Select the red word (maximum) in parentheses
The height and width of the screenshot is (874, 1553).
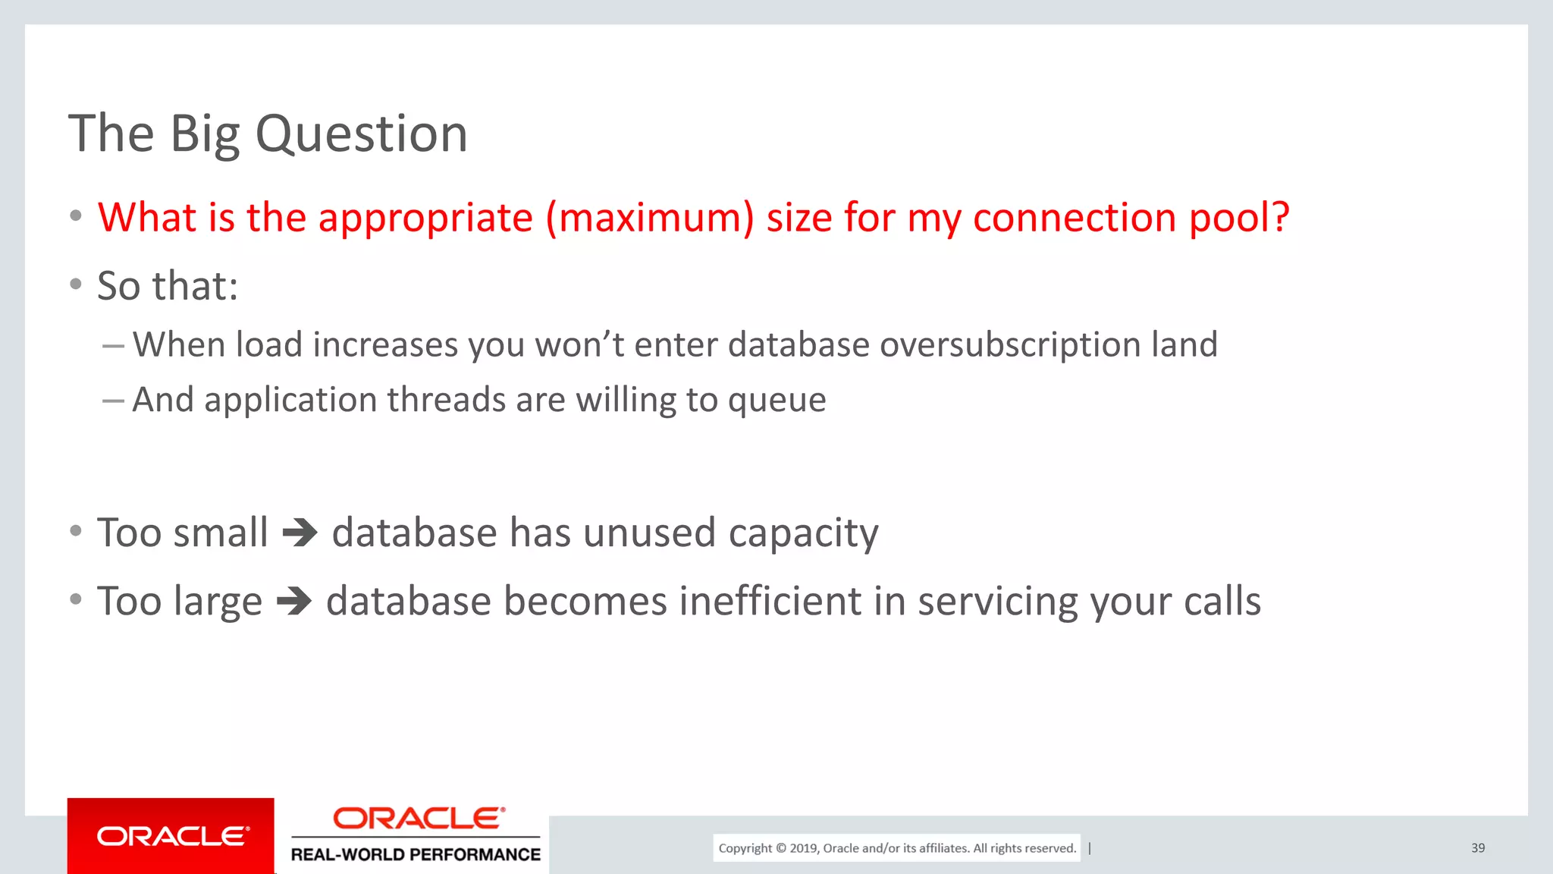tap(650, 218)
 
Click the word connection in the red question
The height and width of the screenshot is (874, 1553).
tap(1075, 218)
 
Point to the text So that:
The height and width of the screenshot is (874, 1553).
tap(168, 286)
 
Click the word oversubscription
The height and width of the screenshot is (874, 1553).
tap(1009, 344)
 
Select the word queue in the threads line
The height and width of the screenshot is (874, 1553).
tap(776, 400)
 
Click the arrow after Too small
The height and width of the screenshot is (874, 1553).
tap(300, 533)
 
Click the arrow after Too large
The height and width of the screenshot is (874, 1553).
tap(294, 602)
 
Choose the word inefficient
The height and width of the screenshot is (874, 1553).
tap(770, 602)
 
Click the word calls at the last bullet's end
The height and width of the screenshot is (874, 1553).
tap(1222, 602)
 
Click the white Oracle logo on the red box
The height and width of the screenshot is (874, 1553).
tap(172, 837)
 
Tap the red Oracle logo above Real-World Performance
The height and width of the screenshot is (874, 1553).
tap(418, 819)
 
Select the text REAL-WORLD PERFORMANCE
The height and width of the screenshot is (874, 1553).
tap(416, 855)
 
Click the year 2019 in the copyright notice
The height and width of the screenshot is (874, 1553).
tap(803, 848)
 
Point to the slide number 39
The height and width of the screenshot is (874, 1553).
tap(1477, 848)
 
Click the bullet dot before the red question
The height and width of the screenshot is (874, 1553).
tap(75, 216)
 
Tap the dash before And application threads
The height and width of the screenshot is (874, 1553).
tap(113, 401)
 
